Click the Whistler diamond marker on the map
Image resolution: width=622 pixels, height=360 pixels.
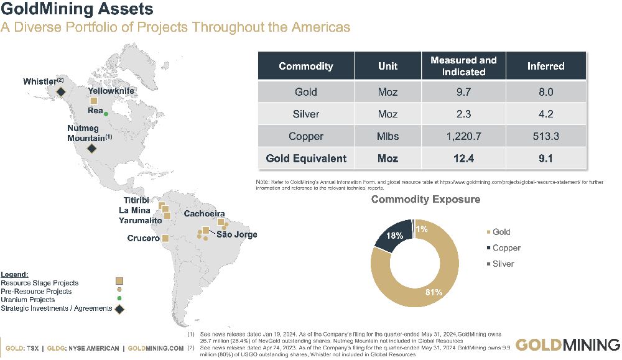[x=61, y=92]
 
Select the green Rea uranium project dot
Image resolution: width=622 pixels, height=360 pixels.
[x=106, y=114]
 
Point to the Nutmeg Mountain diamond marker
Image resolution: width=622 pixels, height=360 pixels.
[x=91, y=149]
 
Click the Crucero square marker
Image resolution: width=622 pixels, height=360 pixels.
[x=165, y=238]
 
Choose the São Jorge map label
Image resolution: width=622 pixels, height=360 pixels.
[x=236, y=234]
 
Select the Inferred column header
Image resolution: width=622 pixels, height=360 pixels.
[x=545, y=66]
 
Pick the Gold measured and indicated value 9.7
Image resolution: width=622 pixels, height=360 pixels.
[x=463, y=92]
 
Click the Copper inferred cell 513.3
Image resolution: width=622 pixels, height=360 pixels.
[x=545, y=136]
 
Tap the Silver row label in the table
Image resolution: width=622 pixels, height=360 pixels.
[x=305, y=114]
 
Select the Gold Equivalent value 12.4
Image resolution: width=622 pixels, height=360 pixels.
[x=463, y=159]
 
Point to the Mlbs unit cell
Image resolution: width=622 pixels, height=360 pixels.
[x=388, y=136]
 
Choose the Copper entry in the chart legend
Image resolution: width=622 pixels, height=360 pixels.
[x=506, y=248]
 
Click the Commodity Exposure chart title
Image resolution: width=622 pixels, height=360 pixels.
[x=425, y=200]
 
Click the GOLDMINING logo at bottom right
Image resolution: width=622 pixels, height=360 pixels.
[x=567, y=345]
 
